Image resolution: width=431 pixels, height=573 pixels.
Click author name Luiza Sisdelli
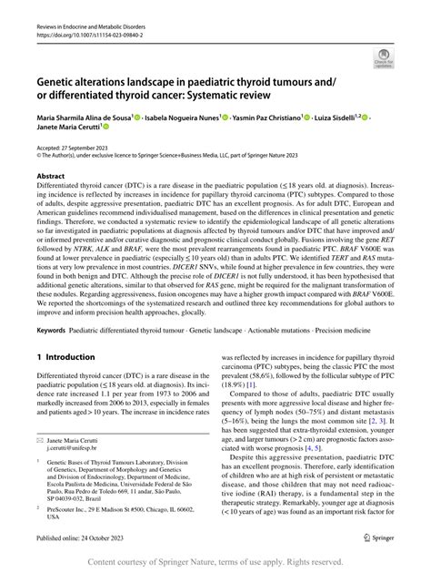pyautogui.click(x=341, y=118)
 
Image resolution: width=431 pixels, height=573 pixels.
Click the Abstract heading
pyautogui.click(x=50, y=176)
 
